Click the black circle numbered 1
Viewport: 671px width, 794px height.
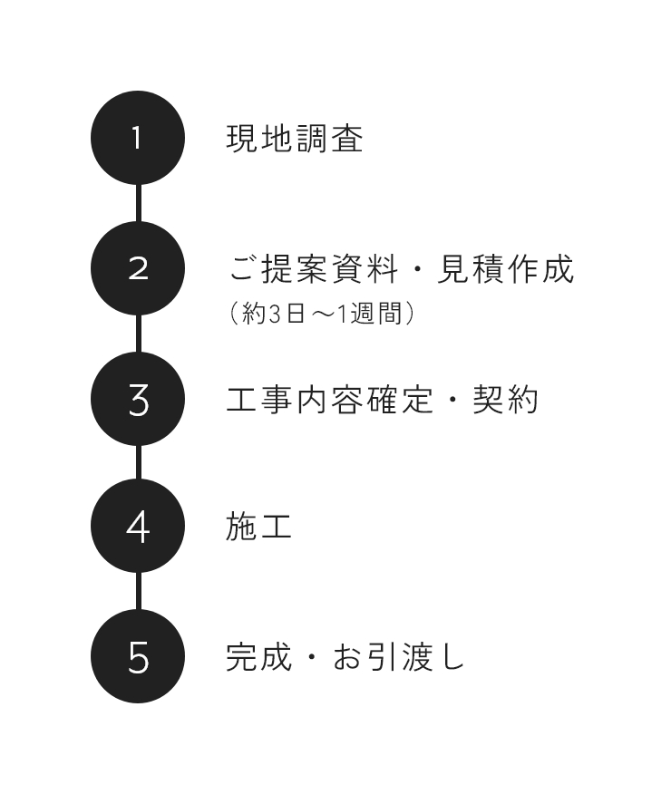coord(138,138)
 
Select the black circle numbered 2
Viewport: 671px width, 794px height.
coord(138,268)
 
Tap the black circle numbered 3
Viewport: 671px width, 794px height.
coord(138,399)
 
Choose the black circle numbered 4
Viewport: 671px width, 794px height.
coord(138,526)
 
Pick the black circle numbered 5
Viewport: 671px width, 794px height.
coord(138,656)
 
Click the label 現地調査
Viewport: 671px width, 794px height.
coord(295,139)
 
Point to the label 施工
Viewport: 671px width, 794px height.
coord(258,527)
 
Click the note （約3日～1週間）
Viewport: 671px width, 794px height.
coord(322,313)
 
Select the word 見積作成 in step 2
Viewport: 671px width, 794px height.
coord(505,269)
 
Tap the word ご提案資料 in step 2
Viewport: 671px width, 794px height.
coord(314,269)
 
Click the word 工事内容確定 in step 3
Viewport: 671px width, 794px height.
coord(330,400)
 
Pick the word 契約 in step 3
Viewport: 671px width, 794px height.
coord(505,400)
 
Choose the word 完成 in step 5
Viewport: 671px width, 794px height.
coord(258,657)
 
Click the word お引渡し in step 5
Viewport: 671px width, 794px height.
coord(399,657)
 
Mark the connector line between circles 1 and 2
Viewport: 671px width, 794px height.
coord(138,203)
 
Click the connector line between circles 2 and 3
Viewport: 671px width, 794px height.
coord(138,334)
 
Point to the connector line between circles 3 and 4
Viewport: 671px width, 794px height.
coord(138,462)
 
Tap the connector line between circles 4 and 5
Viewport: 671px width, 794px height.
coord(138,591)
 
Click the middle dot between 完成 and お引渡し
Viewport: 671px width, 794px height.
coord(312,657)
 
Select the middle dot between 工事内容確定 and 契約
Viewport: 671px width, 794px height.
coord(453,400)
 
